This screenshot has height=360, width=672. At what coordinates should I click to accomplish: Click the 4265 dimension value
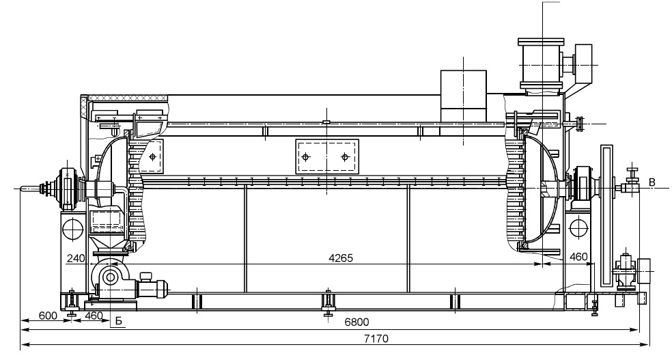[341, 258]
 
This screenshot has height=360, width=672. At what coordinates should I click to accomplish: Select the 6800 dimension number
[356, 322]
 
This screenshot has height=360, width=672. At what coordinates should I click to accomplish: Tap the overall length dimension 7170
[376, 339]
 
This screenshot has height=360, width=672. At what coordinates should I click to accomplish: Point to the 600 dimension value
[48, 316]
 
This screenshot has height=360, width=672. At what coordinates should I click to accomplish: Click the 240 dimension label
[76, 258]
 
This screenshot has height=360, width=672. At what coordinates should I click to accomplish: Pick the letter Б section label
[119, 321]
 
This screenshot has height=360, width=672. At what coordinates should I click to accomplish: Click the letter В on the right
[652, 182]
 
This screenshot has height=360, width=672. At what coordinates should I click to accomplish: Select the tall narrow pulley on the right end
[607, 217]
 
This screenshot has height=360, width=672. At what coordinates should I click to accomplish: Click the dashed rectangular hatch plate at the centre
[327, 156]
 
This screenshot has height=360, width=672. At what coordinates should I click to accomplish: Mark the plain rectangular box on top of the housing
[464, 96]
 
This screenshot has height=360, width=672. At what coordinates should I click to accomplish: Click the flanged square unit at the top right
[541, 64]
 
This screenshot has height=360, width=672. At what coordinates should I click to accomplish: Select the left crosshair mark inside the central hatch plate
[305, 157]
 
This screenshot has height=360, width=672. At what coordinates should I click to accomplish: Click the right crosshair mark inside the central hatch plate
[345, 157]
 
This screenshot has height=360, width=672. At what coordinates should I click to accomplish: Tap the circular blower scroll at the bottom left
[110, 277]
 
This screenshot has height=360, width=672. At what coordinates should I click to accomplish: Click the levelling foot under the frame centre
[328, 304]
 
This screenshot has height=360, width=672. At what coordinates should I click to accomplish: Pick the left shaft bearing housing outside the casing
[68, 188]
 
